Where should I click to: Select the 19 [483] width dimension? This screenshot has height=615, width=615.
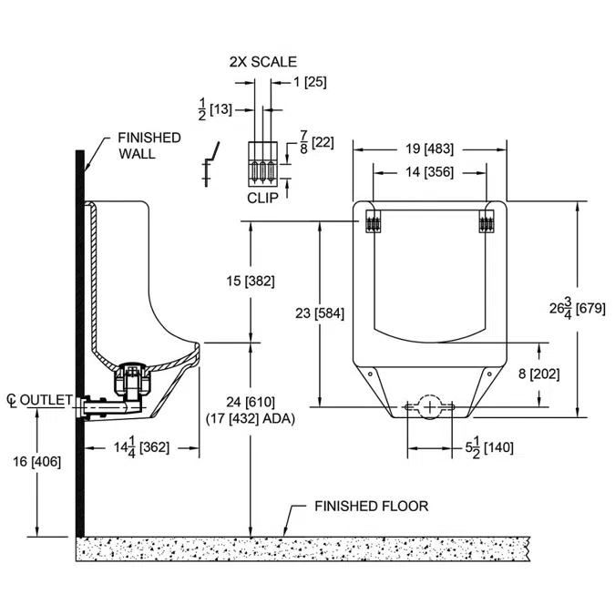[x=429, y=149]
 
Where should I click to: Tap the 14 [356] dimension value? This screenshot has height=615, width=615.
[x=429, y=171]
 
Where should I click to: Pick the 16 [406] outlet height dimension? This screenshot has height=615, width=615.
[x=37, y=461]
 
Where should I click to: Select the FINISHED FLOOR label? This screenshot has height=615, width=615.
[x=371, y=507]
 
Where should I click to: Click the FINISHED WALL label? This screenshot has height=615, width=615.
[x=149, y=146]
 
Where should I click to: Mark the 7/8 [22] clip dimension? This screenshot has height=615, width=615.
[x=316, y=142]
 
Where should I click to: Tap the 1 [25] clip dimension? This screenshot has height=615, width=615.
[x=310, y=82]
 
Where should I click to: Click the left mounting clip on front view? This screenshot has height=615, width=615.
[x=372, y=222]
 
